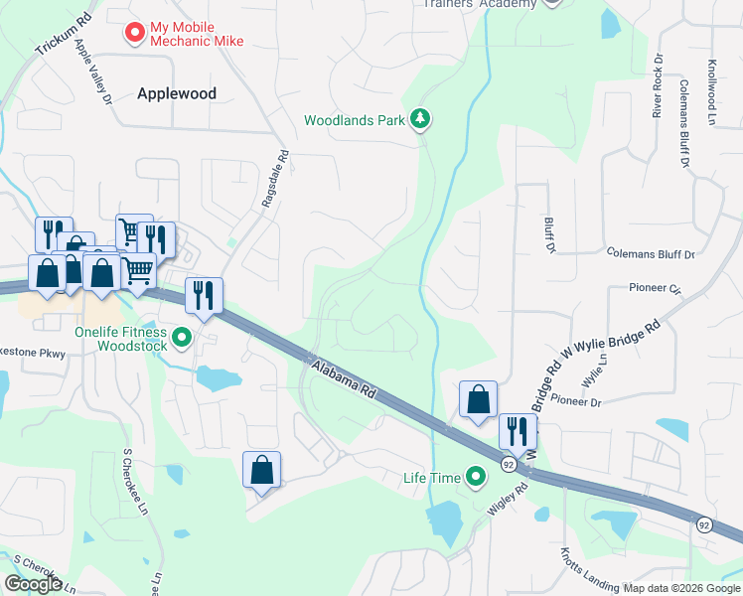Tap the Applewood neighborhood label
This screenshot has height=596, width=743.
pos(177,93)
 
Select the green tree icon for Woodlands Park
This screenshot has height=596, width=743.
pos(421,120)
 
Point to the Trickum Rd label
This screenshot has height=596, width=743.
pos(62,35)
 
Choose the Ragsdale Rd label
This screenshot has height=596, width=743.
pos(275,179)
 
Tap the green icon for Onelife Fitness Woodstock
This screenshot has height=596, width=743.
pos(182,339)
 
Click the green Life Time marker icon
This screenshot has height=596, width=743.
pos(476,478)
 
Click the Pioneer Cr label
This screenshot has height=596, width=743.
pos(655,290)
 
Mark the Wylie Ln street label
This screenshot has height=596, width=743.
pos(593,375)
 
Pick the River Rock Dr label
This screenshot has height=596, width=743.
pos(657,94)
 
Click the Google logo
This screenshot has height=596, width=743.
pos(34,583)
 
